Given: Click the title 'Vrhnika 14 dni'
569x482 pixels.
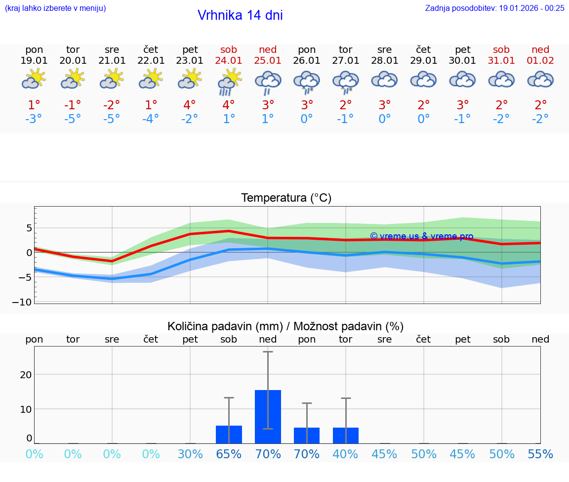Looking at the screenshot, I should pyautogui.click(x=240, y=15).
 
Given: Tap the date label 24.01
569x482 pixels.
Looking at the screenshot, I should pyautogui.click(x=229, y=61).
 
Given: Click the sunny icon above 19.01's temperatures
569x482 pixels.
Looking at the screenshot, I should pyautogui.click(x=34, y=79).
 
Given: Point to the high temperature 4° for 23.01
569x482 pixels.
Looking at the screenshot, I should pyautogui.click(x=190, y=105).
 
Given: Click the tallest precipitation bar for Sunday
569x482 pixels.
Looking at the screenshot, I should pyautogui.click(x=268, y=416).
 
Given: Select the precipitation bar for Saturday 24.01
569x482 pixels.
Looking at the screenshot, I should pyautogui.click(x=229, y=434).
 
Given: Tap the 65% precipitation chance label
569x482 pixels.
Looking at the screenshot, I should pyautogui.click(x=229, y=454).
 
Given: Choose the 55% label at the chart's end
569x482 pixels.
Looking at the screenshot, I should pyautogui.click(x=540, y=454).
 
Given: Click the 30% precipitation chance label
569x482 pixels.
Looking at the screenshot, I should pyautogui.click(x=190, y=454).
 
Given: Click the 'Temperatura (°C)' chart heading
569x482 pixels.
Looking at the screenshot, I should pyautogui.click(x=286, y=198).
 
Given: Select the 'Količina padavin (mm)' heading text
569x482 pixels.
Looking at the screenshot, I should pyautogui.click(x=225, y=326).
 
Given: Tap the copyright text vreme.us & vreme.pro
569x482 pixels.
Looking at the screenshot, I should pyautogui.click(x=421, y=236).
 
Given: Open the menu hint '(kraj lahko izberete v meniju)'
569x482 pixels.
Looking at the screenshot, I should pyautogui.click(x=55, y=8).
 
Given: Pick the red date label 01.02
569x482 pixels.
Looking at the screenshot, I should pyautogui.click(x=540, y=61).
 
